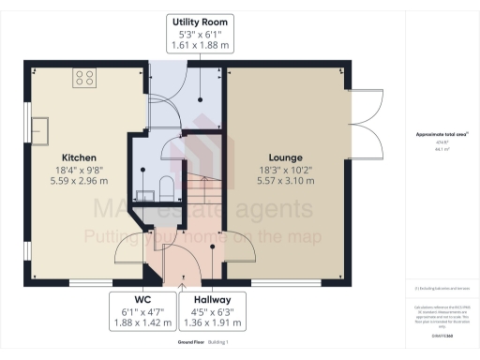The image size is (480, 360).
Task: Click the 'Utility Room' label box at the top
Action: tap(200, 32)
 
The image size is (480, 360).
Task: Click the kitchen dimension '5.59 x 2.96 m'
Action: tap(81, 184)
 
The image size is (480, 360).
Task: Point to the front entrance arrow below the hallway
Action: tap(183, 277)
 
